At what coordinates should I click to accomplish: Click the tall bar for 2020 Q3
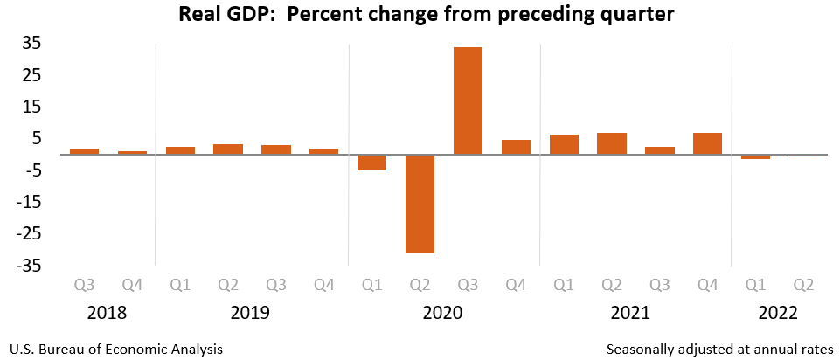[468, 100]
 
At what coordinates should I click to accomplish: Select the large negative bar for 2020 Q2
[420, 204]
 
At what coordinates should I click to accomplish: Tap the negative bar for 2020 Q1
[371, 163]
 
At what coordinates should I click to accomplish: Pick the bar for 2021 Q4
[707, 143]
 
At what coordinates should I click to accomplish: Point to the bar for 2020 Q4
[516, 147]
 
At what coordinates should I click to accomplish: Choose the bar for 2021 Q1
[564, 144]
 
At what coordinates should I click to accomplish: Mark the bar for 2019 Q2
[228, 149]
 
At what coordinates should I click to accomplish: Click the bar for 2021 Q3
[660, 150]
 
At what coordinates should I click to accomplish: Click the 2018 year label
[108, 313]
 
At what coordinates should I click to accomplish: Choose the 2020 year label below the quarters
[444, 313]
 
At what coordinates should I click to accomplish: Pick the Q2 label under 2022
[803, 284]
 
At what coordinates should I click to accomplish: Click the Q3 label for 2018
[84, 284]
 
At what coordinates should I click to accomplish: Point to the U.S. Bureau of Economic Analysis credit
[115, 349]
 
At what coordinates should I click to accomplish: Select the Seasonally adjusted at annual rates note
[719, 349]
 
